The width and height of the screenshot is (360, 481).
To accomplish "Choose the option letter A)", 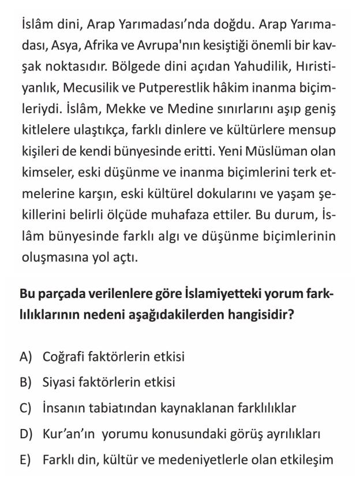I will click(25, 356).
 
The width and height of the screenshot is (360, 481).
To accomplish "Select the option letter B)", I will click(25, 382).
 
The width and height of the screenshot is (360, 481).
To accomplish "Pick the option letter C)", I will click(25, 408).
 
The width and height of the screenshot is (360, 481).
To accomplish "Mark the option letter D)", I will click(25, 434).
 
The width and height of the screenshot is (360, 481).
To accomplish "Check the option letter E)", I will click(25, 460).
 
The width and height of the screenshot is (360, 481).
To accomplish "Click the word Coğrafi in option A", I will click(63, 356).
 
